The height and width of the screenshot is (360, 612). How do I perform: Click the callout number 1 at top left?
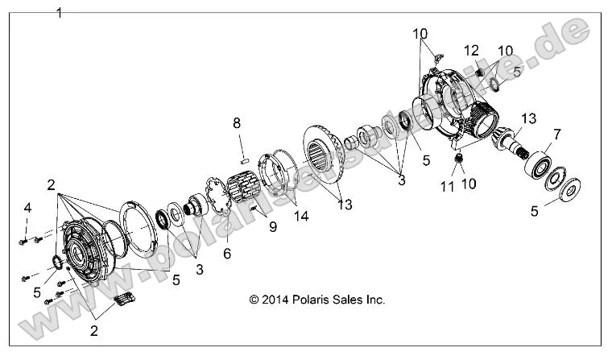[x=58, y=13]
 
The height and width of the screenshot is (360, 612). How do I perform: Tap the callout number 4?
[x=27, y=209]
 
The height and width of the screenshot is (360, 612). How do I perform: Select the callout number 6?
[x=225, y=252]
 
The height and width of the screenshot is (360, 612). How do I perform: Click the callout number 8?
[x=236, y=123]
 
